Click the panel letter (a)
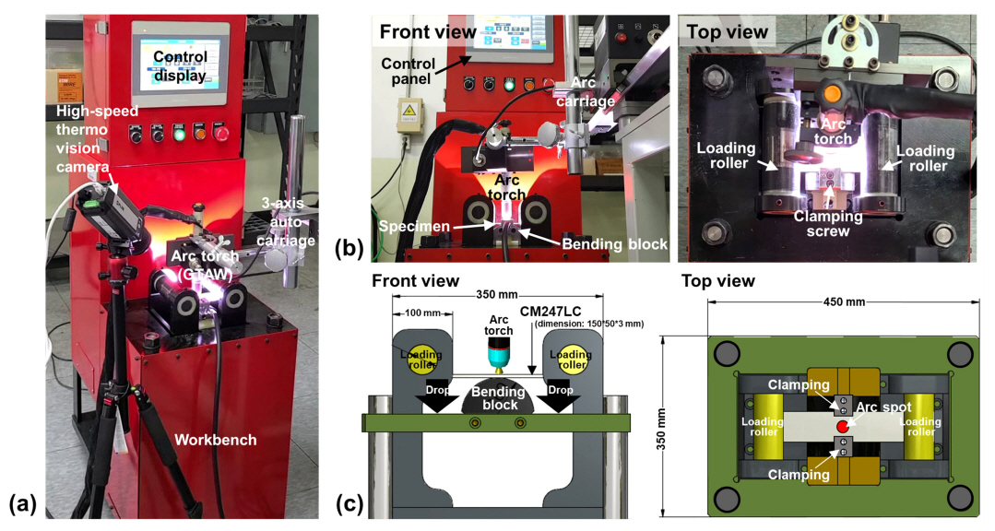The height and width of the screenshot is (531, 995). [x=21, y=503]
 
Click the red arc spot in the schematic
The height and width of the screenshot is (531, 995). [x=843, y=428]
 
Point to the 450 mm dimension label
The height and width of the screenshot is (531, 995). [x=844, y=302]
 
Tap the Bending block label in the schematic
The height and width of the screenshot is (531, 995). [x=498, y=399]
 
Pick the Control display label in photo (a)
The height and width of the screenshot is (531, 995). [x=180, y=65]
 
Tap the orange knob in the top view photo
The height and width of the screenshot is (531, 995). [x=832, y=93]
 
